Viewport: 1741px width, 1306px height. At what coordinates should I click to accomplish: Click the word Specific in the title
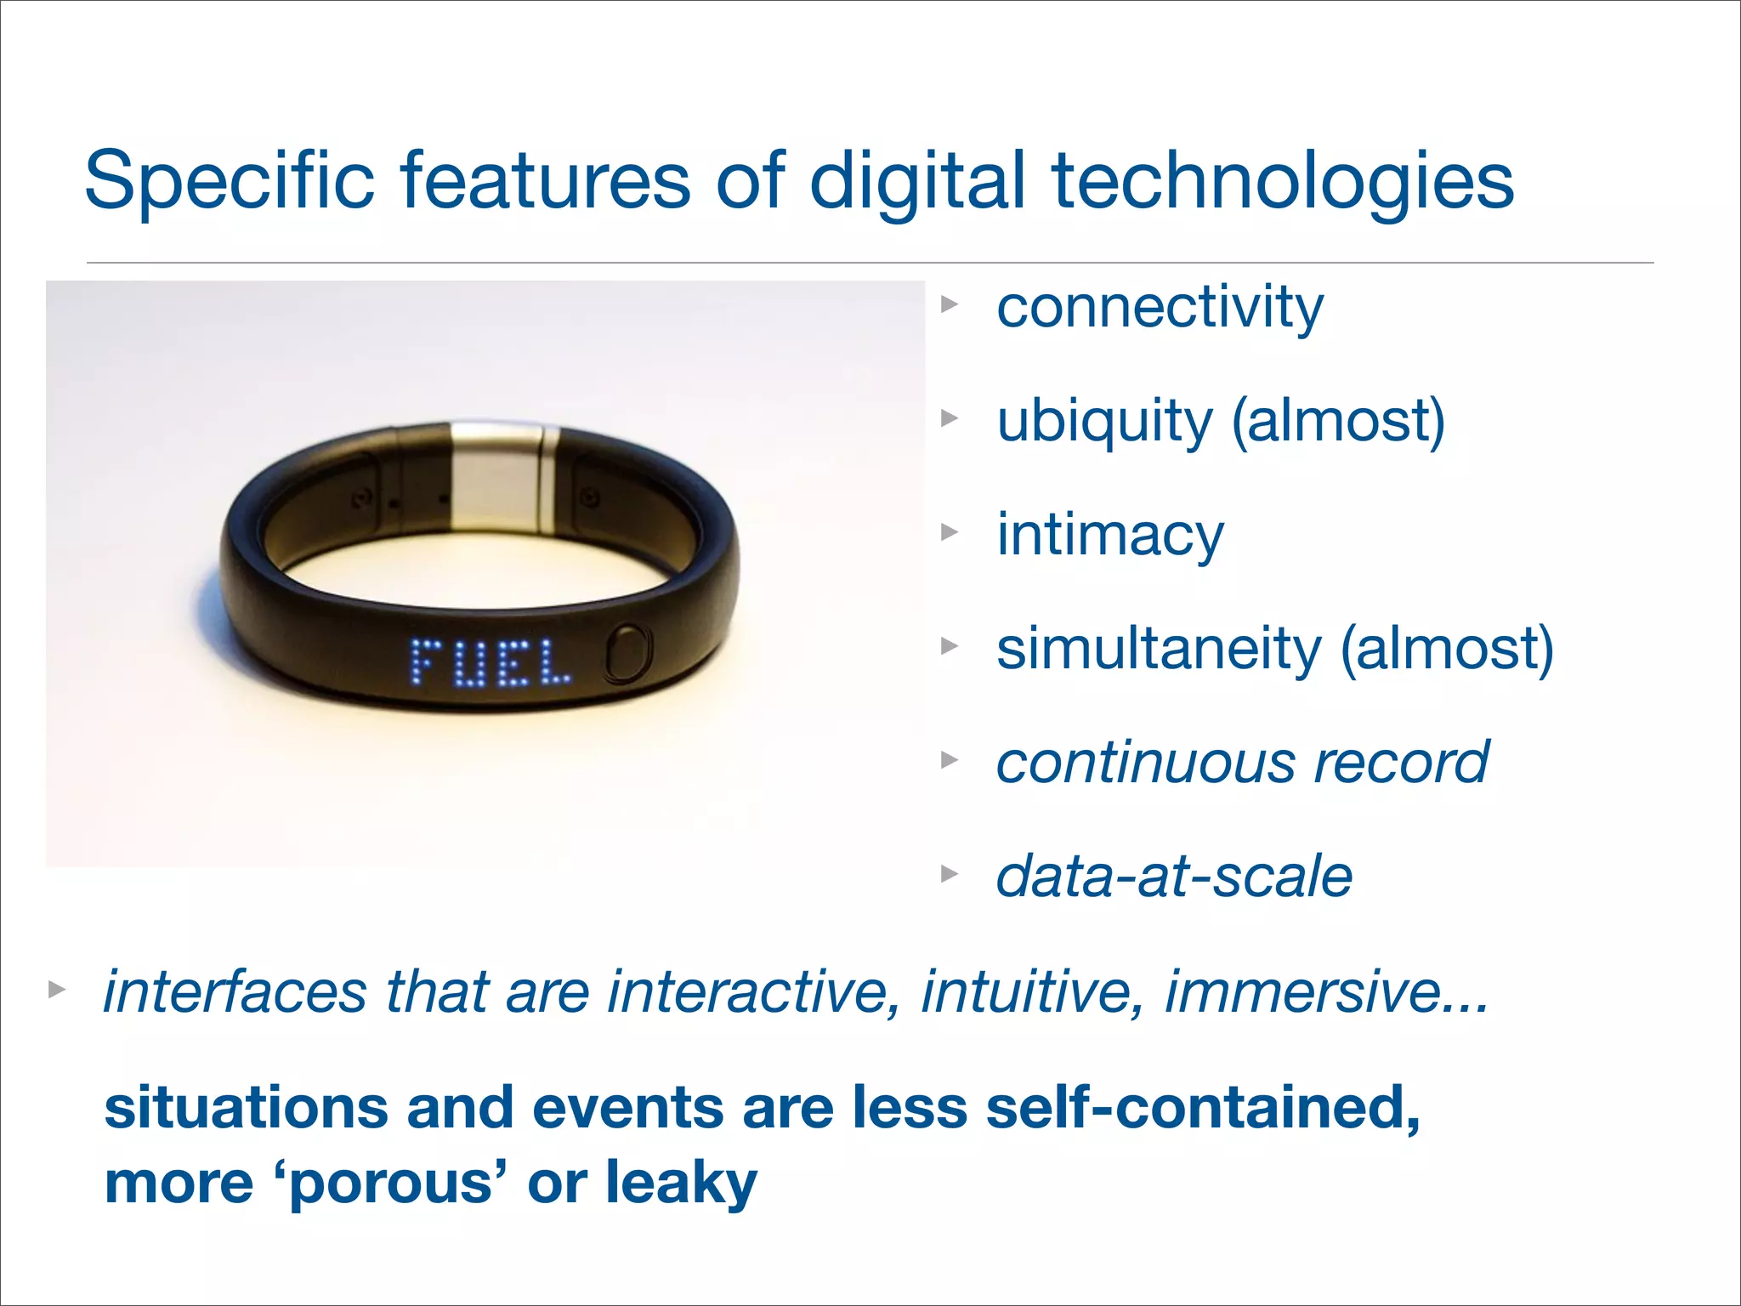coord(230,180)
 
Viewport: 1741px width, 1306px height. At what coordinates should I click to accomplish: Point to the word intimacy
coord(1110,535)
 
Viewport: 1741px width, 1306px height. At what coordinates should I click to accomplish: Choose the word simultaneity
coord(1159,649)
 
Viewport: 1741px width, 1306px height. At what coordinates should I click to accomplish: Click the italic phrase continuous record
coord(1242,762)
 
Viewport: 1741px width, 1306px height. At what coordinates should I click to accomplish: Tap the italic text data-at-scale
coord(1174,877)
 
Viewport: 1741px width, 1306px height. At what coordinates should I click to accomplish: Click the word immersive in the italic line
coord(1326,991)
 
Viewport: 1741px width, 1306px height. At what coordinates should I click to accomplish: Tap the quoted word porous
coord(391,1184)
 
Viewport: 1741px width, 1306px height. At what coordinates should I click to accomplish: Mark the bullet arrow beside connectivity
coord(950,304)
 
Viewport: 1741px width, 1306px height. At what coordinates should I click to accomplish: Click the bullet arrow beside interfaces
coord(57,990)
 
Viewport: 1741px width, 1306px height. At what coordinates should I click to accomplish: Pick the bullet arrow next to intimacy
coord(950,533)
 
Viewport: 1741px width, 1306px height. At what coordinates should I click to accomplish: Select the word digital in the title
coord(918,180)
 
